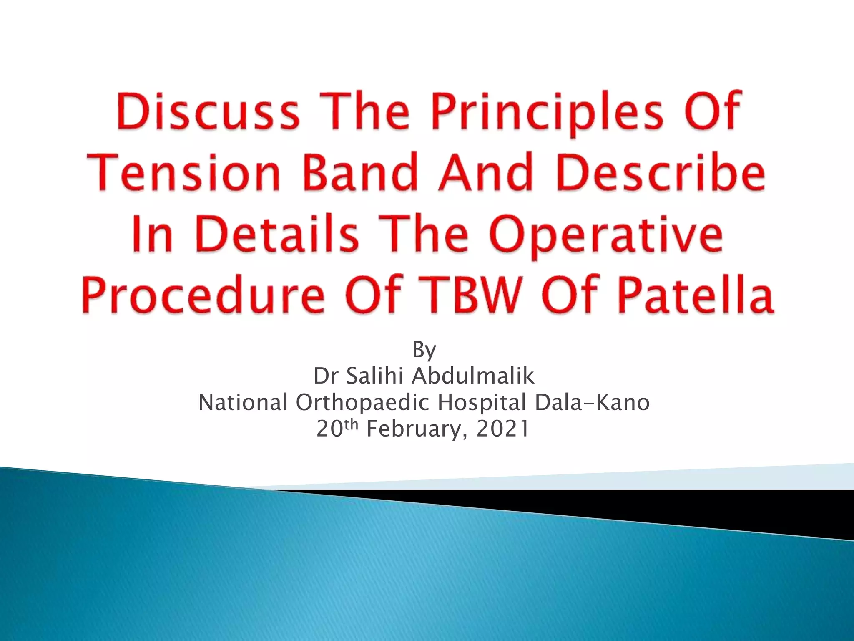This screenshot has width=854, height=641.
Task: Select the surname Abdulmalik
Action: click(473, 376)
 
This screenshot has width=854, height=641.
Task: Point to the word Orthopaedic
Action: click(362, 403)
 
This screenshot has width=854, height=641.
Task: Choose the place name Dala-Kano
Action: click(592, 403)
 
